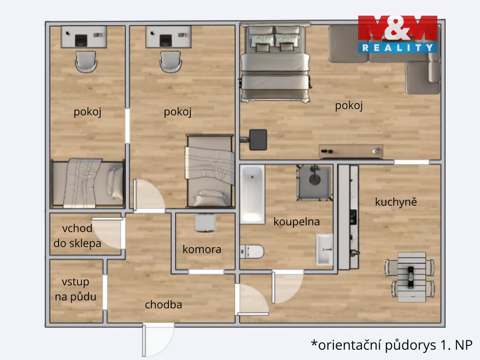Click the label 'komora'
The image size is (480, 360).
point(202,249)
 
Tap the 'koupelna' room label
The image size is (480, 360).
point(296,221)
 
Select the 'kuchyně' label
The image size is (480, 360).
point(396,202)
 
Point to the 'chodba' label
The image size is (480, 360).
point(164,304)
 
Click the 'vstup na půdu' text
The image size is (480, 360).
point(75,289)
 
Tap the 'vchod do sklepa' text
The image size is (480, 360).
point(77,236)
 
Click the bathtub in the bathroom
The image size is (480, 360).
point(252,194)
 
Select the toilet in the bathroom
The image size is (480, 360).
point(252,252)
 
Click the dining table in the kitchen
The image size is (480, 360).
point(412,277)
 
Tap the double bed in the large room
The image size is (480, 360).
point(275,63)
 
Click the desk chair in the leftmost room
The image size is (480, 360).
point(86,61)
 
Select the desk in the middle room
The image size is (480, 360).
point(168,37)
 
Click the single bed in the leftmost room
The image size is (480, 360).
point(88,183)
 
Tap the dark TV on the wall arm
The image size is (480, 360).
point(258,140)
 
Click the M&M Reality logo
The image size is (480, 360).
point(397,34)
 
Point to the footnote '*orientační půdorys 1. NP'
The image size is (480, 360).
point(391,345)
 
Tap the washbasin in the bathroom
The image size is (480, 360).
point(324,249)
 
